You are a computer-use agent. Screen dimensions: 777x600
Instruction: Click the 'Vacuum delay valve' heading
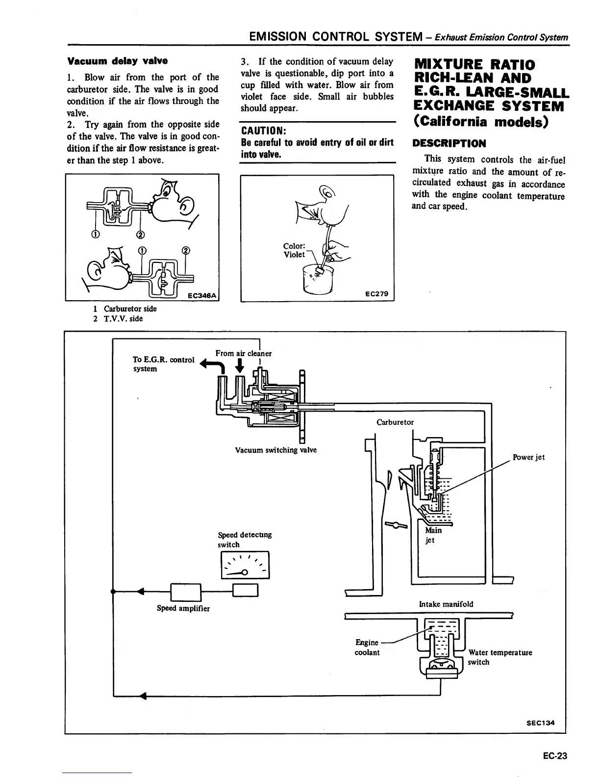[117, 61]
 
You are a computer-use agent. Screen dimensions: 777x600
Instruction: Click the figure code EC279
[376, 294]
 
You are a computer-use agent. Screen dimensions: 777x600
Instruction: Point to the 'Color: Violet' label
[294, 250]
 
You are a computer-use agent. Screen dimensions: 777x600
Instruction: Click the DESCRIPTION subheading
[449, 144]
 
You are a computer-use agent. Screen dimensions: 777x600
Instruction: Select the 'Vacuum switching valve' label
[275, 450]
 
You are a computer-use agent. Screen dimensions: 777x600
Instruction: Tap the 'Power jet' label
[528, 457]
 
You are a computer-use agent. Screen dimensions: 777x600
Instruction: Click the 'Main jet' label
[433, 535]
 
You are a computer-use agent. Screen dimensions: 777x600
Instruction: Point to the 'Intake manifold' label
[446, 604]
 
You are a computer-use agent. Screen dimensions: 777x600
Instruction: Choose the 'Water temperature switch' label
[499, 657]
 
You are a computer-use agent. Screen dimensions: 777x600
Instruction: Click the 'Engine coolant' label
[367, 647]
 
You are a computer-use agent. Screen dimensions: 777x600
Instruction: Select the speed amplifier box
[185, 592]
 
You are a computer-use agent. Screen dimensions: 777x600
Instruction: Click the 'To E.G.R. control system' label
[163, 364]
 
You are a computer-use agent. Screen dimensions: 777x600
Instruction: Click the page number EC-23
[554, 756]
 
